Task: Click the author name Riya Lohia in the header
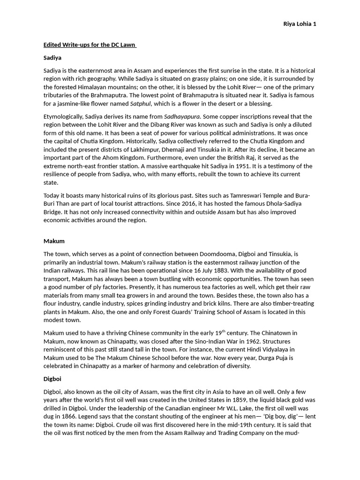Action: pos(297,24)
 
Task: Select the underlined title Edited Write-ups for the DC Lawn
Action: pos(90,45)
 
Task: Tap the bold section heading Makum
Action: pos(54,241)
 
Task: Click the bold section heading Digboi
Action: pos(52,379)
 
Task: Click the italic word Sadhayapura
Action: pos(182,117)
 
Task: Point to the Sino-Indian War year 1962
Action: pos(237,341)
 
